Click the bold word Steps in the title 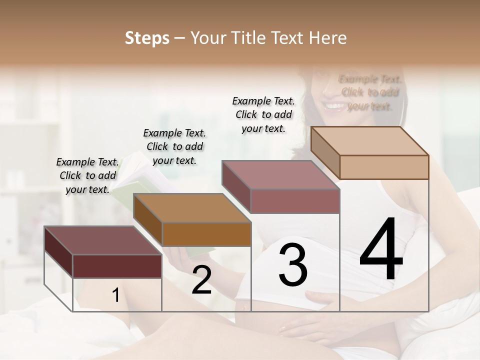(x=147, y=38)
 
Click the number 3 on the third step (x=293, y=264)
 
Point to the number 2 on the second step (x=201, y=280)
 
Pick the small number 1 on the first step (x=115, y=295)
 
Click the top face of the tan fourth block (x=370, y=140)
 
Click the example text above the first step (x=87, y=175)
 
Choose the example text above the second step (x=174, y=146)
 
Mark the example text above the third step (x=263, y=114)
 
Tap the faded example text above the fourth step (x=369, y=92)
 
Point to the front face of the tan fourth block (x=384, y=167)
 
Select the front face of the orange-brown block (x=206, y=234)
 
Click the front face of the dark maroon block (x=117, y=266)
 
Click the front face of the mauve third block (x=295, y=201)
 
